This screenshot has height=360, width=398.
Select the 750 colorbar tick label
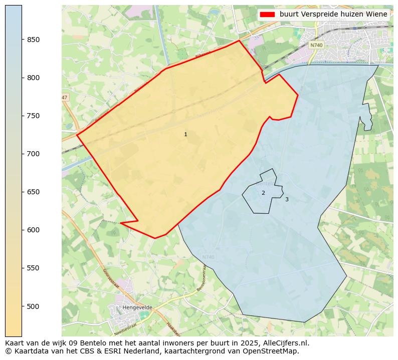click(x=33, y=116)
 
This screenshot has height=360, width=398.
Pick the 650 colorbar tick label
click(x=33, y=192)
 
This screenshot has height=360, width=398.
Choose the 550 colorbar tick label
click(x=33, y=268)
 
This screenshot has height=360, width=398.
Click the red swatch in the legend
click(x=268, y=15)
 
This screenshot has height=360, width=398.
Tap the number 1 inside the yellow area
click(x=185, y=134)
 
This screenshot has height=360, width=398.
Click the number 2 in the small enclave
click(x=263, y=193)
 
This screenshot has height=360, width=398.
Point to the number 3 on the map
click(x=287, y=199)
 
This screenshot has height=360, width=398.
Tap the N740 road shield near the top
click(x=316, y=45)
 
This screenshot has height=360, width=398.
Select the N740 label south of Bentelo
click(x=208, y=257)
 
